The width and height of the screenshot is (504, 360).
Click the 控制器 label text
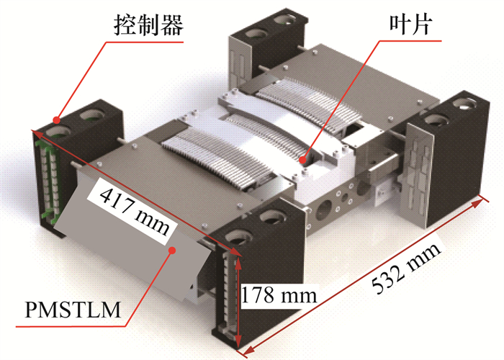tap(148, 24)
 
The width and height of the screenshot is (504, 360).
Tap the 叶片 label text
tap(410, 24)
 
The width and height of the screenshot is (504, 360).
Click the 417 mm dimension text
tap(135, 212)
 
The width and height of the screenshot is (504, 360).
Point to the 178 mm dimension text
tap(279, 294)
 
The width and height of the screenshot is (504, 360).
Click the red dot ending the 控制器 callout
tap(57, 120)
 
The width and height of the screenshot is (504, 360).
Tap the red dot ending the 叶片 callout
tap(302, 159)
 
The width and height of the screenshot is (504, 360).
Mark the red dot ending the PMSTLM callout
tap(173, 250)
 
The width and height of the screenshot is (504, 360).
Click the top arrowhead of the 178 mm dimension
tap(238, 263)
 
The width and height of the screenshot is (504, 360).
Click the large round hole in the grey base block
tap(324, 210)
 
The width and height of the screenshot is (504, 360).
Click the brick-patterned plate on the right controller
tap(417, 173)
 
